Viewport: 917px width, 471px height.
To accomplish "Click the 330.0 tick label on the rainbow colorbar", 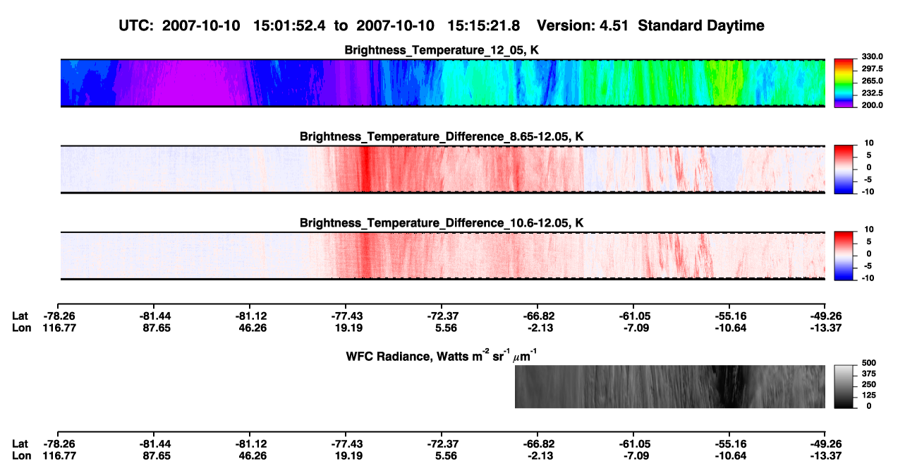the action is (872, 56).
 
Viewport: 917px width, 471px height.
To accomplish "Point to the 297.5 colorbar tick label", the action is (872, 69).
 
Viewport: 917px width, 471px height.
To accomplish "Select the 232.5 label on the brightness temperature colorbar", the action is (872, 93).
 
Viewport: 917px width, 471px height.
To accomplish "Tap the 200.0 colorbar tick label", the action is (872, 105).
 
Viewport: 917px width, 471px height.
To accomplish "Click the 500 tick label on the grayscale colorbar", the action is (869, 363).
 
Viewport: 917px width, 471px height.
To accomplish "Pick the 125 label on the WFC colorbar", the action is (869, 395).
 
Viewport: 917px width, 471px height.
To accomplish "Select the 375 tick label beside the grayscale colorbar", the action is (869, 374).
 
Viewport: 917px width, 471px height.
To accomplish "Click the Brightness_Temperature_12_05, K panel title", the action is (442, 50).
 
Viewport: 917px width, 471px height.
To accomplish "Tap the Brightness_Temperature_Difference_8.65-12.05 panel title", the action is (442, 136).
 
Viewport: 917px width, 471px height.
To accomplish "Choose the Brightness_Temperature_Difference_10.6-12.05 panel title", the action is (442, 223).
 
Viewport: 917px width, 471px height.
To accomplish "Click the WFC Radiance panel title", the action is (442, 356).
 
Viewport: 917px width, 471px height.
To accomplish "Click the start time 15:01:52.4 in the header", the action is (289, 26).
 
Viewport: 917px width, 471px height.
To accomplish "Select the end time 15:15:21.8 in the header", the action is (483, 26).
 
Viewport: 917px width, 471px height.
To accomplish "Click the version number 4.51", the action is (614, 26).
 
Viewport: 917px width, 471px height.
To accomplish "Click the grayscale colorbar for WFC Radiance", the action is (844, 386).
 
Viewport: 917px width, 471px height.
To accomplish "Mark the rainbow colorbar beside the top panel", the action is (844, 83).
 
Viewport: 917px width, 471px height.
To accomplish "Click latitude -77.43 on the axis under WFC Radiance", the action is (346, 444).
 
